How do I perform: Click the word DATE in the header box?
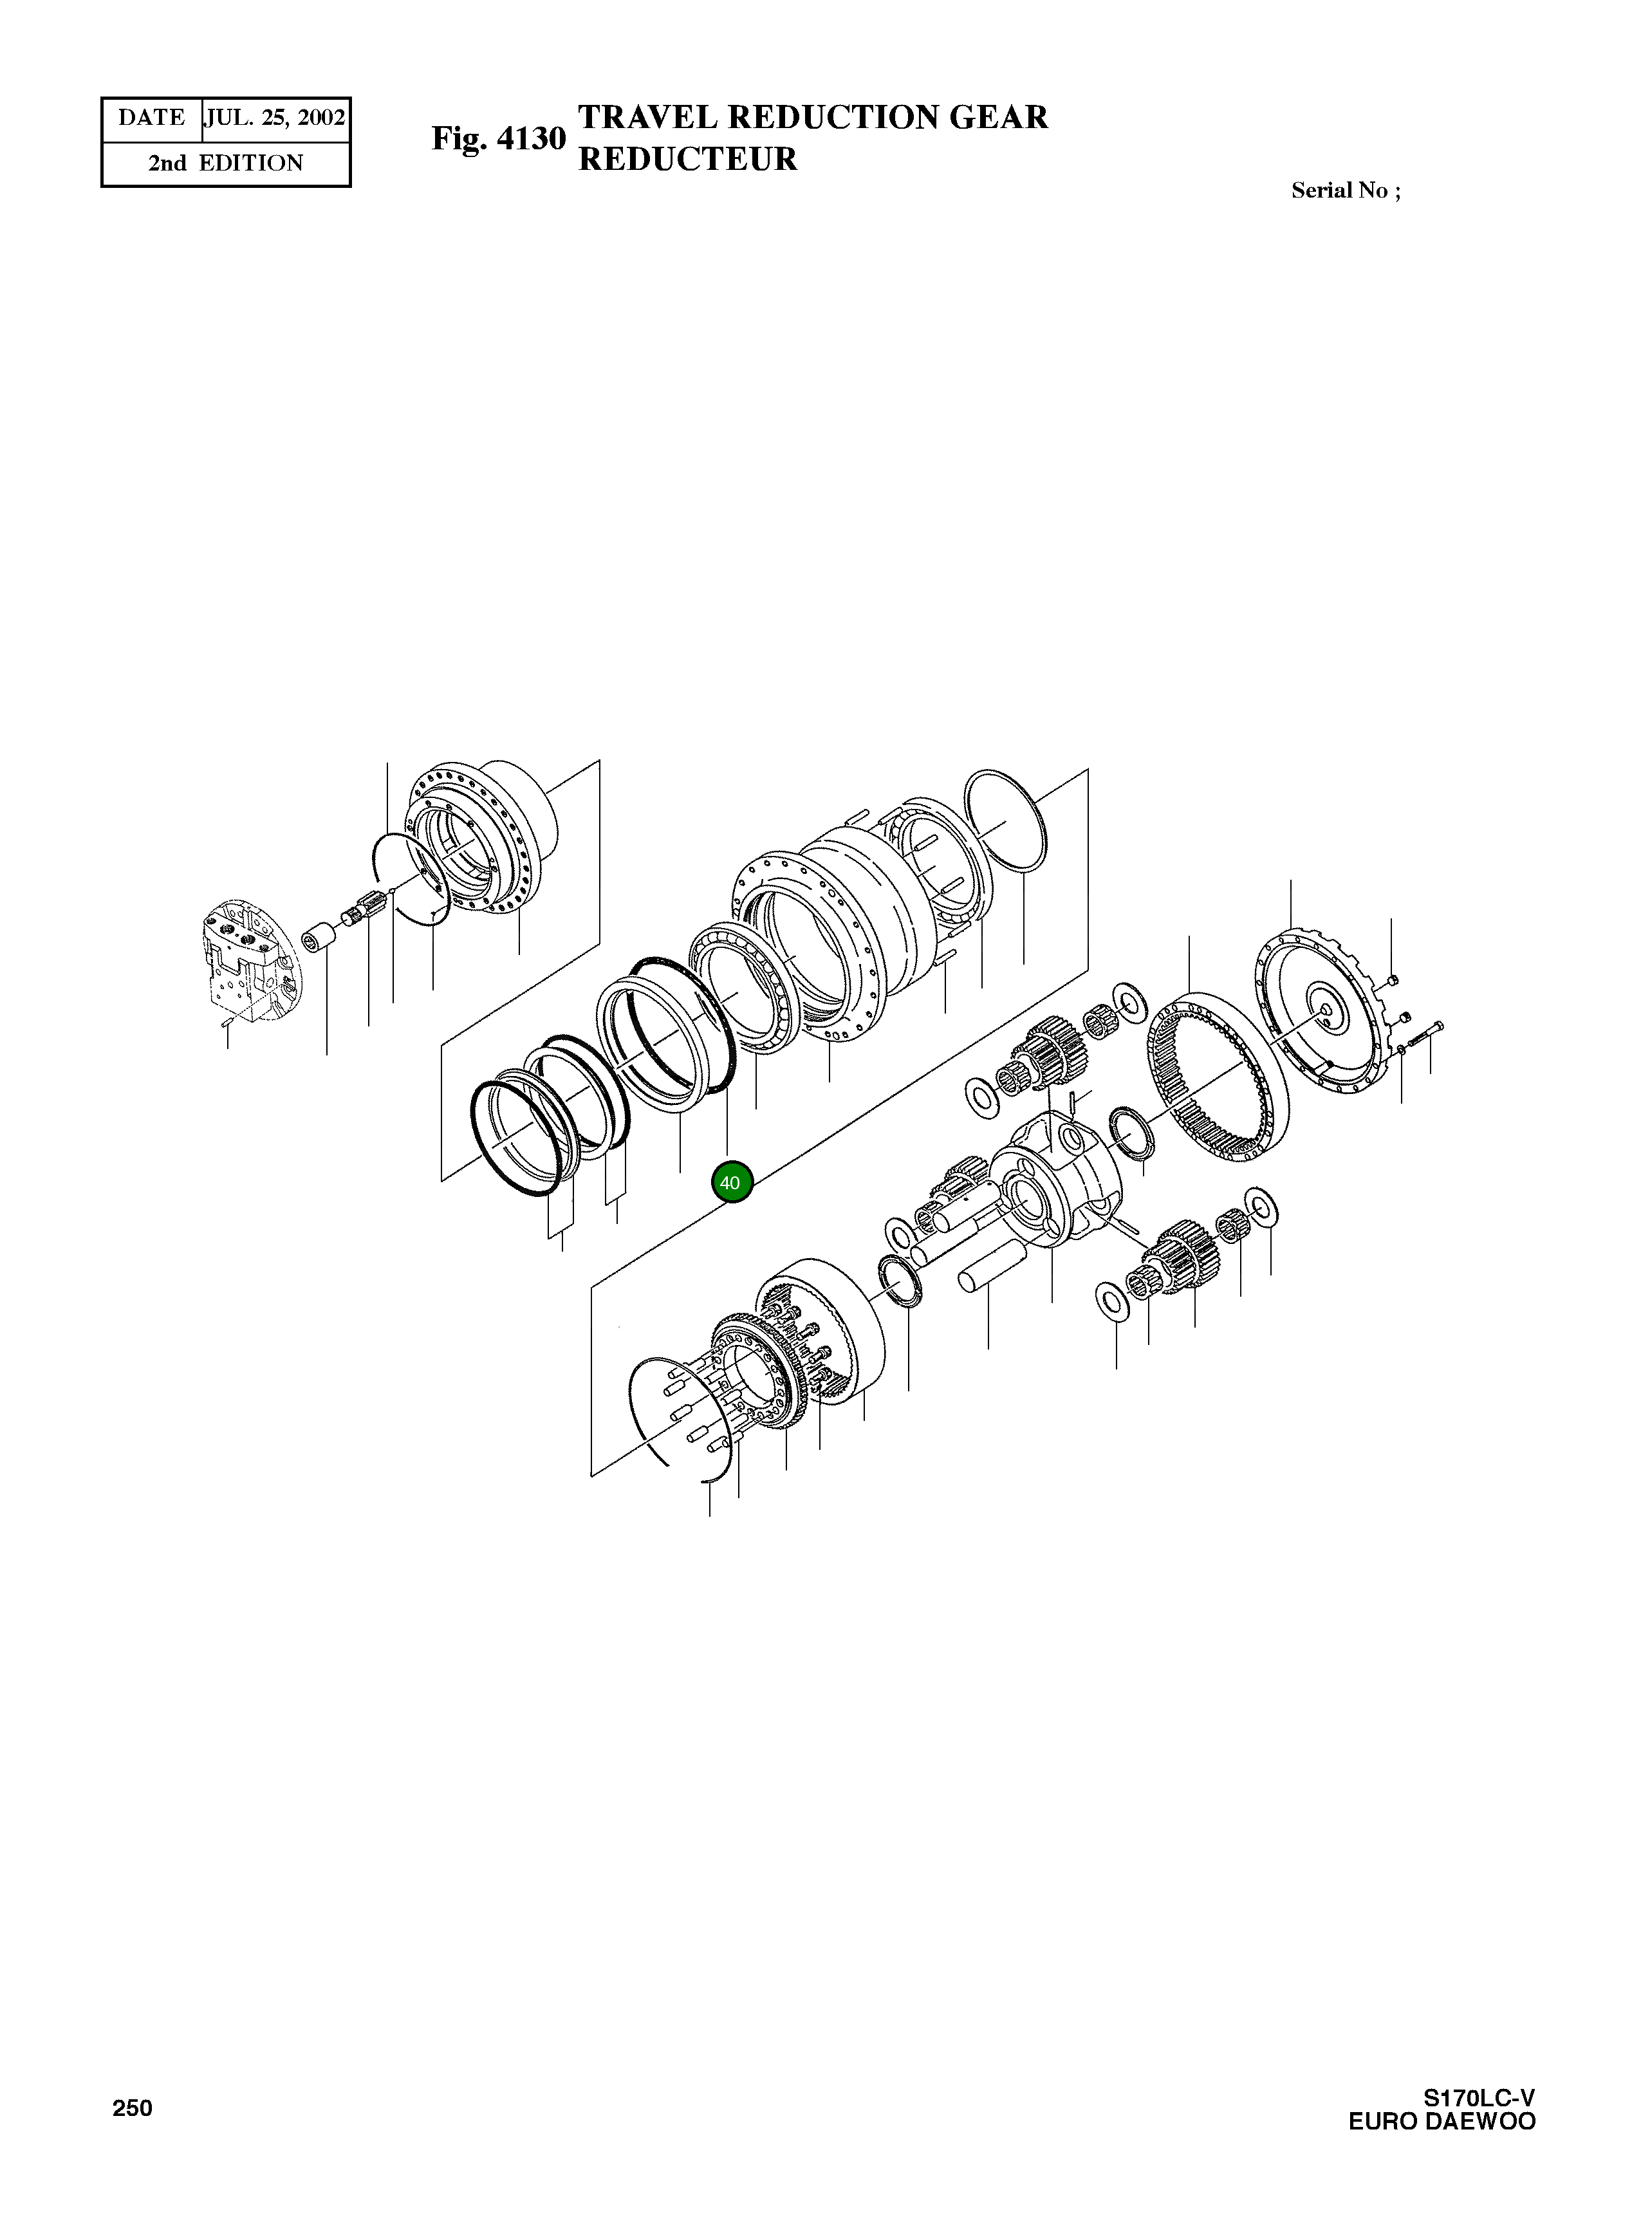click(x=151, y=118)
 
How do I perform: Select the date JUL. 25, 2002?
click(x=275, y=118)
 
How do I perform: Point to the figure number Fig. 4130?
click(x=499, y=139)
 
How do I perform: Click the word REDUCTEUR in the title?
click(x=687, y=159)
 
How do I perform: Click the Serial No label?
click(x=1344, y=190)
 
